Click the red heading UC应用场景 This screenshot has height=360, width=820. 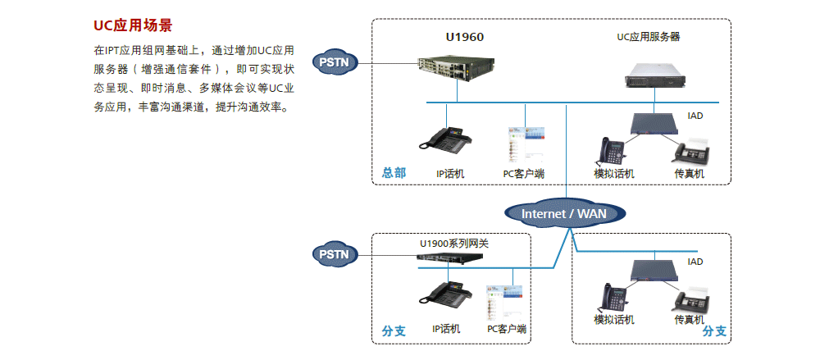click(133, 25)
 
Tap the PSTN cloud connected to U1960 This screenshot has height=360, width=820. click(334, 62)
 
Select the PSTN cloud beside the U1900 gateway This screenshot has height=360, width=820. click(335, 254)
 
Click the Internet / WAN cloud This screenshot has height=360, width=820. click(566, 214)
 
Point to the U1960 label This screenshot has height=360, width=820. click(465, 37)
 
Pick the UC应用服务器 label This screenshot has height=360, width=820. click(649, 37)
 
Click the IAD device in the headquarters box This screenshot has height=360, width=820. click(654, 124)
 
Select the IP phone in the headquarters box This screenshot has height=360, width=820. click(446, 139)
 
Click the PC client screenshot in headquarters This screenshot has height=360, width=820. click(524, 144)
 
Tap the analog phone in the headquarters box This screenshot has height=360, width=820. click(611, 151)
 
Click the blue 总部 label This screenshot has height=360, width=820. click(394, 173)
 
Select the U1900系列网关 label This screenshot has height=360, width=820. click(454, 243)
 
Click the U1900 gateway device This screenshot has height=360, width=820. click(449, 257)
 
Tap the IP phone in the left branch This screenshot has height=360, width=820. click(445, 294)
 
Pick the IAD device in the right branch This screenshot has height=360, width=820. click(654, 268)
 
